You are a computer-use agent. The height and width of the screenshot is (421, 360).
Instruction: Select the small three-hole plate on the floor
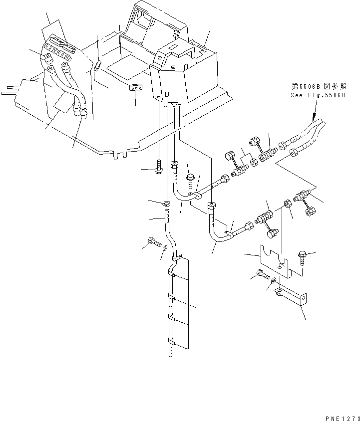135,88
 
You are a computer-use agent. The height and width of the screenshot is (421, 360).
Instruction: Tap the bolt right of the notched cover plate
303,256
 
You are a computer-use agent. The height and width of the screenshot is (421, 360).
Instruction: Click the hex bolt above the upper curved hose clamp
190,177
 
